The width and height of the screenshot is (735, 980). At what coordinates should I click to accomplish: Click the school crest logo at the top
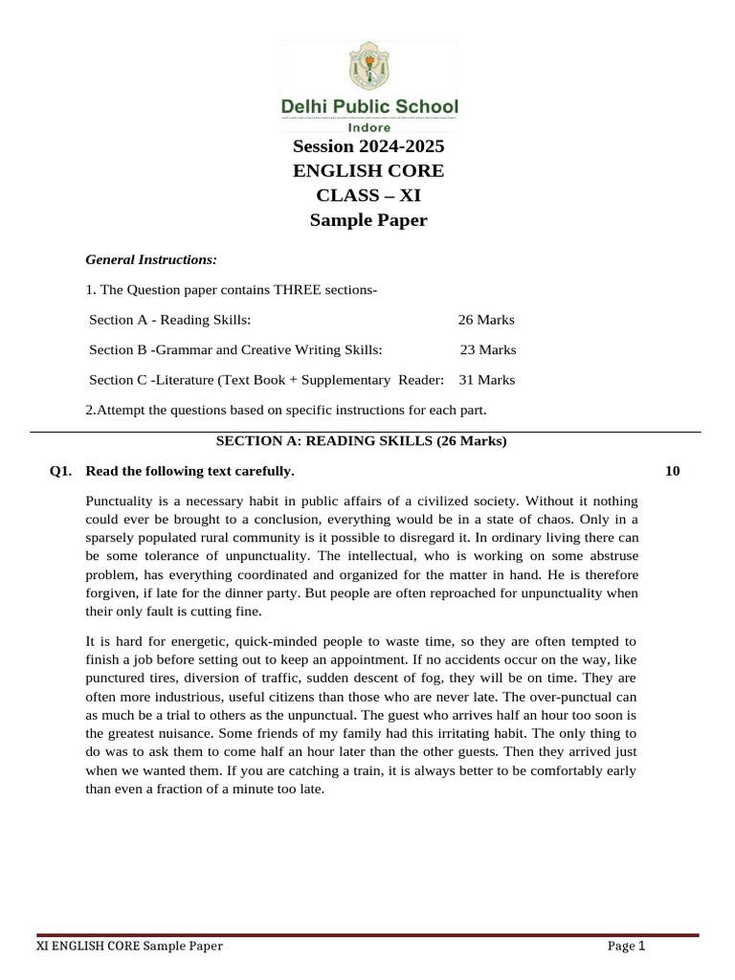point(368,68)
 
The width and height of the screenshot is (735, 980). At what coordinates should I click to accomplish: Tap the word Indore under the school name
point(368,127)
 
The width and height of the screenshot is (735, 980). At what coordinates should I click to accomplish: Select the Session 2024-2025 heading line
point(368,147)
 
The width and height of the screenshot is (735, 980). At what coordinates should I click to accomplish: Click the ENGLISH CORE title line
point(368,171)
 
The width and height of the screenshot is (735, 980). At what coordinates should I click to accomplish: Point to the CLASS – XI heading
point(368,196)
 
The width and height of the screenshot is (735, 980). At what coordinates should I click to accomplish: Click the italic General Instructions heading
point(151,259)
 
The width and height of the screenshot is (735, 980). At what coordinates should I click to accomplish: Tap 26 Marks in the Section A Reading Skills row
point(486,320)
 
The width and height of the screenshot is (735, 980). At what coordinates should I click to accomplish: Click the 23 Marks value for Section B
point(488,349)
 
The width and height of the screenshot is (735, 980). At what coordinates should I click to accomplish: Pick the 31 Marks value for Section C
point(486,380)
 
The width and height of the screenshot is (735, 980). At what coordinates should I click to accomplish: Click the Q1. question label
point(62,471)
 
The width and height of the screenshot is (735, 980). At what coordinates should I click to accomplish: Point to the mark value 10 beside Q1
point(673,471)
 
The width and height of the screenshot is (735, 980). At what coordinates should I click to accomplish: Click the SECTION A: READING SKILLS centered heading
point(361,441)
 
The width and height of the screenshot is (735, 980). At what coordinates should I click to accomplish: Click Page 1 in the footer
point(627,947)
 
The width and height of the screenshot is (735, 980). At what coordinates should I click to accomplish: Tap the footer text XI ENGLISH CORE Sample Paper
point(129,947)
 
